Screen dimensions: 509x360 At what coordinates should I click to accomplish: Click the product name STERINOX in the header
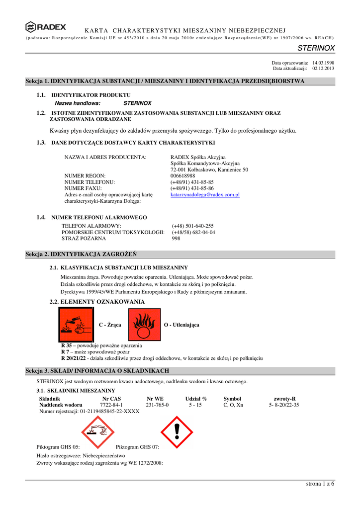316,48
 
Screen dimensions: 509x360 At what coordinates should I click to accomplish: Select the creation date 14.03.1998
323,63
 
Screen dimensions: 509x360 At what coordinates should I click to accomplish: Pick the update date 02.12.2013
323,69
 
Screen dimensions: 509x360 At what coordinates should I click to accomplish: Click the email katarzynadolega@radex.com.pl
205,195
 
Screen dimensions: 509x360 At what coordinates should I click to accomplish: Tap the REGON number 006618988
182,176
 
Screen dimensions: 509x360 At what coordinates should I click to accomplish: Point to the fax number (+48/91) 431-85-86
192,188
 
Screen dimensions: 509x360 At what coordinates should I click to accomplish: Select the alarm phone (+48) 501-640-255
192,226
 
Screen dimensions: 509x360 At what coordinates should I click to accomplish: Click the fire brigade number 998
176,239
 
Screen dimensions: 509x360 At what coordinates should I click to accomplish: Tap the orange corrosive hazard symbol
76,325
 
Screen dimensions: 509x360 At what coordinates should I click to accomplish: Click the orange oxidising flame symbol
145,325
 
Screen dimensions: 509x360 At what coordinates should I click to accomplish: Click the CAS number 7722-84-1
111,405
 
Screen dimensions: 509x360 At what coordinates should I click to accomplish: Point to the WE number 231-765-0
157,405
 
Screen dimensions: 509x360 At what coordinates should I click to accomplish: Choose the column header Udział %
196,399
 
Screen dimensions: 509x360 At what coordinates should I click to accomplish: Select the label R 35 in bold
67,345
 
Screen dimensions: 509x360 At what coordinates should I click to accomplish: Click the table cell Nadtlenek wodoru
61,405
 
